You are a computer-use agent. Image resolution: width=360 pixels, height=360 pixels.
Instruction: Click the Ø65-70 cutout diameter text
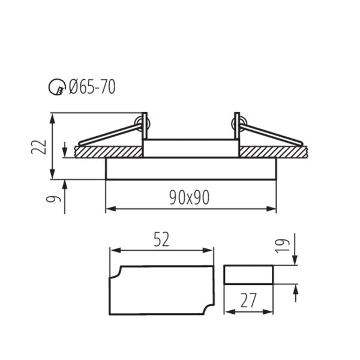coord(92,88)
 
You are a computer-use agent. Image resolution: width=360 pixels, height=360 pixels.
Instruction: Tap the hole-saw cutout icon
coord(55,88)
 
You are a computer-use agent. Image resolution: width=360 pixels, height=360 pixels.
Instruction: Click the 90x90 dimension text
coord(189,197)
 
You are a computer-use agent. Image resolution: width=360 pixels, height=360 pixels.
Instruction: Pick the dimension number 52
coord(161,239)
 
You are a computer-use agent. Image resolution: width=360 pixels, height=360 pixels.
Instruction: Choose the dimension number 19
coord(287,242)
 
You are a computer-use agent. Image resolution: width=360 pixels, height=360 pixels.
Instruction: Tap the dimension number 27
coord(248,299)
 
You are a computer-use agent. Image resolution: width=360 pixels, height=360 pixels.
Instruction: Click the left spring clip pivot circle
coord(142,124)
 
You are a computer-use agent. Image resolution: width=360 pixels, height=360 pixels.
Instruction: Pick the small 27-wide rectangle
coord(248,275)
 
